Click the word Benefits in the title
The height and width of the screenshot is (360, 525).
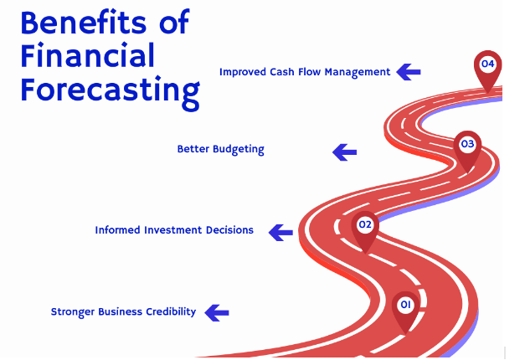(80, 22)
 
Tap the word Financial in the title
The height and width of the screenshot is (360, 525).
(88, 55)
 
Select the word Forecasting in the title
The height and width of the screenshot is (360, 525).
(110, 90)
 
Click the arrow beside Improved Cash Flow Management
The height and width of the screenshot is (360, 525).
(409, 71)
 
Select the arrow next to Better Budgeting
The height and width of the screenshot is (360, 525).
(344, 152)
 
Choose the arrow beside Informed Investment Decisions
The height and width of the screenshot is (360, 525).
(281, 232)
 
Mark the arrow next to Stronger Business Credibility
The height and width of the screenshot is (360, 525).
(217, 312)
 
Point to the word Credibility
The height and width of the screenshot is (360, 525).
(170, 311)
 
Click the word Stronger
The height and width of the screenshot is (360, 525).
(73, 311)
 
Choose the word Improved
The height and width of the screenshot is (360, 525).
(243, 72)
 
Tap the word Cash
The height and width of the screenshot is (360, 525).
(283, 72)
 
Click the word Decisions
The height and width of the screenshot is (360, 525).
(229, 230)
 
